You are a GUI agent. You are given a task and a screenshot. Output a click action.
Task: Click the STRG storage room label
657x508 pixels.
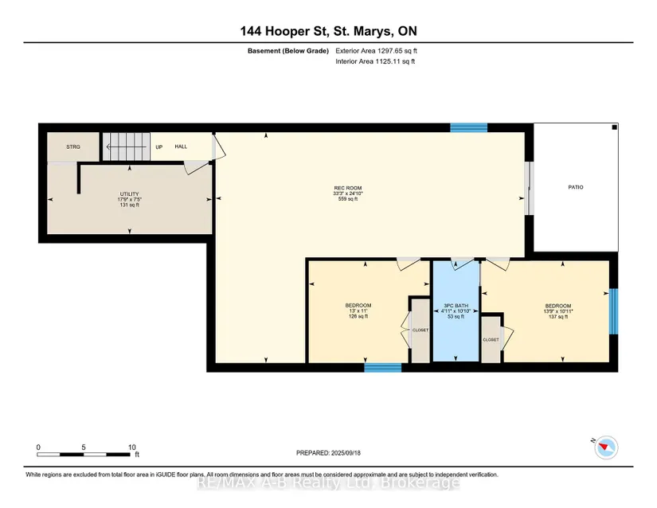tap(73, 147)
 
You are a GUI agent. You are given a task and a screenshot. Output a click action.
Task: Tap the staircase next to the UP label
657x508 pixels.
tap(127, 147)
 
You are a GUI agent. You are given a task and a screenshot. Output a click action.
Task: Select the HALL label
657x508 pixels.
tap(181, 147)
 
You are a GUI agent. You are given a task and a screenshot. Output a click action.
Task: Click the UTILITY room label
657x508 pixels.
tap(130, 194)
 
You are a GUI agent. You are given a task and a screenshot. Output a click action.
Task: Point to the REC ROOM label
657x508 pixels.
tap(348, 188)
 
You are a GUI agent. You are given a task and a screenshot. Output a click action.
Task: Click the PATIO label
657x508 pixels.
tap(576, 187)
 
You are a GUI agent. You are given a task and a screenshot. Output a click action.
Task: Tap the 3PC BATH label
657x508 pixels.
tap(456, 306)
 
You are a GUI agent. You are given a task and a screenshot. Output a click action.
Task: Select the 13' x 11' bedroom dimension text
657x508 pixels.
tap(358, 311)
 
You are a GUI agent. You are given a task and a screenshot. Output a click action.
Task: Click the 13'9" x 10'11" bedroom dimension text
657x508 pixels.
tap(558, 311)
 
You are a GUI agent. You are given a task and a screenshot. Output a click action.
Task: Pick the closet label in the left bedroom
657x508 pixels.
tap(420, 330)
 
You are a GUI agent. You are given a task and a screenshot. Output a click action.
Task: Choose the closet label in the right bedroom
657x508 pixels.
tap(491, 340)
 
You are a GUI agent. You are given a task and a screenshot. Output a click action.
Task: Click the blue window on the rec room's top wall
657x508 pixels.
tap(469, 127)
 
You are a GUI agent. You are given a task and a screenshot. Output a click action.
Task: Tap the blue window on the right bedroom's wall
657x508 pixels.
tap(613, 311)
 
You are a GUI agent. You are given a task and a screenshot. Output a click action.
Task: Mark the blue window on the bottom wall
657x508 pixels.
tap(383, 367)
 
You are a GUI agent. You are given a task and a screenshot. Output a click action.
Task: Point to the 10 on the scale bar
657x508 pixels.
tap(132, 447)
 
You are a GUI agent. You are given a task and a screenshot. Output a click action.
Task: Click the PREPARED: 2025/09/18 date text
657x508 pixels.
tap(328, 453)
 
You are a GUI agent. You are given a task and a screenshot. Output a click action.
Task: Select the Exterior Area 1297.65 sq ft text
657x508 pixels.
tap(376, 51)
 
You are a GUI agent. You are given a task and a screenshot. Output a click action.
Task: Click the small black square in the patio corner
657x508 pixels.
tap(614, 127)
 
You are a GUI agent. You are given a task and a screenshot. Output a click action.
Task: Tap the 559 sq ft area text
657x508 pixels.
tap(348, 199)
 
